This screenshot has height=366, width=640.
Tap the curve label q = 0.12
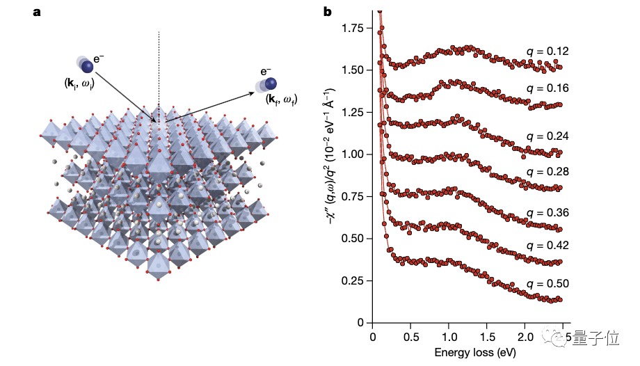pyautogui.click(x=547, y=51)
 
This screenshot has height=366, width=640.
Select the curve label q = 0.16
pyautogui.click(x=547, y=88)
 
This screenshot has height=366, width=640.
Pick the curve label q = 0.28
pyautogui.click(x=547, y=172)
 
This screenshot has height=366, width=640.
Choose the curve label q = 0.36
pyautogui.click(x=547, y=212)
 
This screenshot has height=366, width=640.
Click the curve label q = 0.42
pyautogui.click(x=547, y=245)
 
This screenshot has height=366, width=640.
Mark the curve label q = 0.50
pyautogui.click(x=547, y=284)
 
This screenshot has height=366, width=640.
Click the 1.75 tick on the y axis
pyautogui.click(x=355, y=28)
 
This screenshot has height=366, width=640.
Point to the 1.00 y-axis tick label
pyautogui.click(x=355, y=154)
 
